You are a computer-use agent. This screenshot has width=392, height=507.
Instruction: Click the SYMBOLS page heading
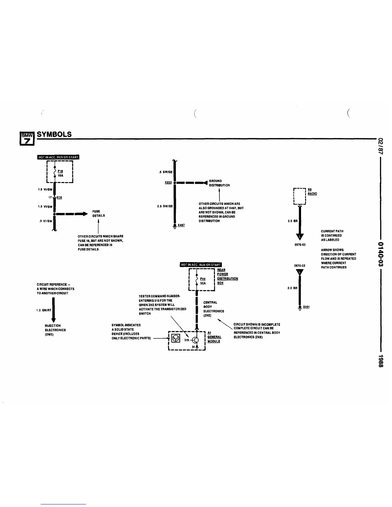coord(54,134)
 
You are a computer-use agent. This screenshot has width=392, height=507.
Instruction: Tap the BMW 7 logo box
coord(26,138)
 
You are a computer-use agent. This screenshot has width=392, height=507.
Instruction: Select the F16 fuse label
coord(60,171)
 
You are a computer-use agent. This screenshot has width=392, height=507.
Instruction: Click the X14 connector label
coord(59,198)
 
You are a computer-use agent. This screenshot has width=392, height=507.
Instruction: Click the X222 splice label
coord(168,183)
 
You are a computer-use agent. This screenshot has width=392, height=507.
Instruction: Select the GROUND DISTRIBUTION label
coord(219,183)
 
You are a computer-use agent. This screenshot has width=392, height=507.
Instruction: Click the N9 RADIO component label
coord(312,192)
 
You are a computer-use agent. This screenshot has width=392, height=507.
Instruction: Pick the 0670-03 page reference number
coord(300,245)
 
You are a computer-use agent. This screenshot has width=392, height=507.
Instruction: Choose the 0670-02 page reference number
coord(300,266)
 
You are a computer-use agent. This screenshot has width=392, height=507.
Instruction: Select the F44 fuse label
coord(203,279)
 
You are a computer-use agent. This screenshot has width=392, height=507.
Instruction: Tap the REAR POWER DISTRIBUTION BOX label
coord(227,277)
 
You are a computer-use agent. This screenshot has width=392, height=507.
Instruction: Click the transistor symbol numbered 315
coord(197,340)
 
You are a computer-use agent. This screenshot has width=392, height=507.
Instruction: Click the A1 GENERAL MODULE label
coord(214,337)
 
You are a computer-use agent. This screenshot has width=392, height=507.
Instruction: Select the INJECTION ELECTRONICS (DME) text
coord(55,330)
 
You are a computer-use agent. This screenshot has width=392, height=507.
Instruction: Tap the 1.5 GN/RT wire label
coord(44,310)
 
